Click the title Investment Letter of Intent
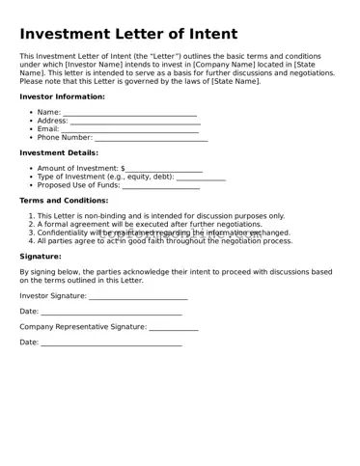click(128, 34)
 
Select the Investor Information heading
click(62, 96)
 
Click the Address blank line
click(134, 122)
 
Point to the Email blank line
click(131, 129)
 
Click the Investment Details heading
click(59, 152)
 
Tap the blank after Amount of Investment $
click(164, 169)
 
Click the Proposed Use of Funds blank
click(160, 186)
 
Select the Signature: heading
click(41, 257)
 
